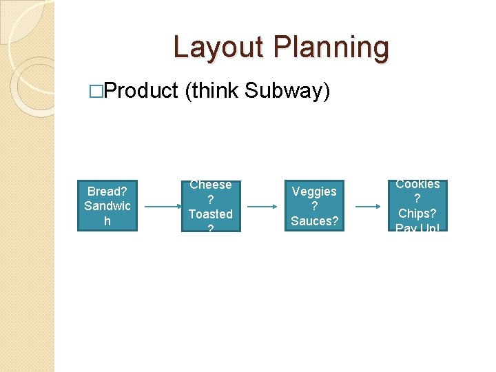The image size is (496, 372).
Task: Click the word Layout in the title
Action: click(218, 48)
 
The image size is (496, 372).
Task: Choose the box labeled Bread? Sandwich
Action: click(107, 205)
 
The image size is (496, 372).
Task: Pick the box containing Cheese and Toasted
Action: click(211, 205)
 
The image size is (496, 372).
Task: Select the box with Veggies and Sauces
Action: click(314, 205)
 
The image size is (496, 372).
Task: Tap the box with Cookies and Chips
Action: click(417, 205)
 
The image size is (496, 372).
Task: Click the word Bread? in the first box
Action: click(107, 191)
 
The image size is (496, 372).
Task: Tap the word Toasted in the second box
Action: click(211, 214)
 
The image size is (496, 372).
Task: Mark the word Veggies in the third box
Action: click(315, 192)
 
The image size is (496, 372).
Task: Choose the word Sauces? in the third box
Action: click(315, 220)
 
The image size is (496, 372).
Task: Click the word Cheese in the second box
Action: click(211, 185)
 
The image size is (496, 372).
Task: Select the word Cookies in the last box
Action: click(417, 184)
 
